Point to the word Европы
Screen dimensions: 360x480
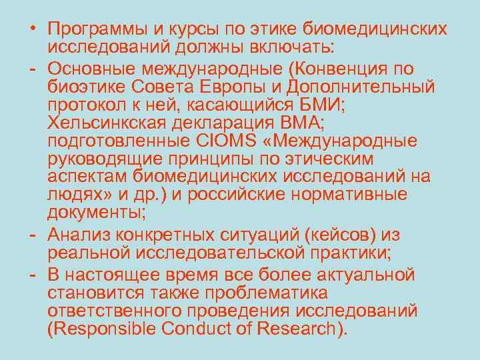click(x=231, y=87)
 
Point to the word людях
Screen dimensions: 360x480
click(x=74, y=195)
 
